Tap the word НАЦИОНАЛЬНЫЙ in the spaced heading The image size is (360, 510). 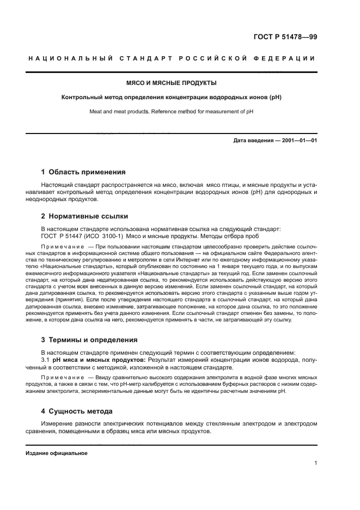coord(70,59)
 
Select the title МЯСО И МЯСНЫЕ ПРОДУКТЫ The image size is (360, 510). coord(172,83)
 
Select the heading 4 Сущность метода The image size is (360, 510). coord(77,411)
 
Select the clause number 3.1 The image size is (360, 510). coord(46,360)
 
